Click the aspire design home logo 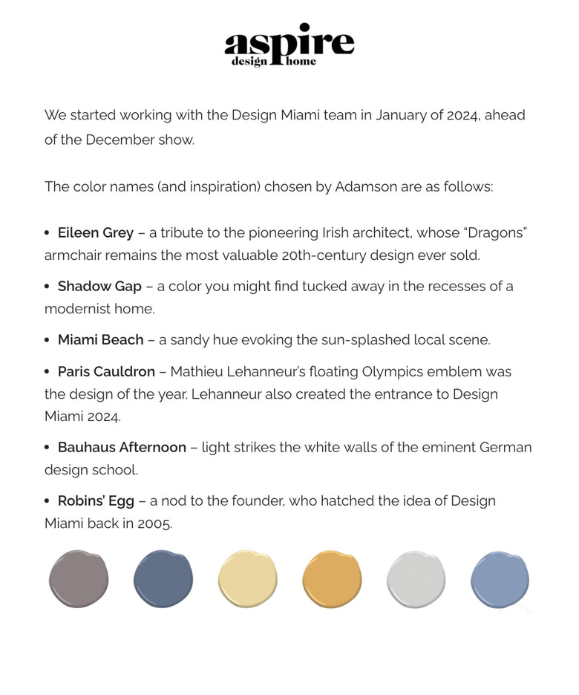click(289, 45)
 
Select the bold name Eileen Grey click(96, 233)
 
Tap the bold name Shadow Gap click(99, 287)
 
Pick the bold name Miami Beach click(100, 340)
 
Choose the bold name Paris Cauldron click(106, 371)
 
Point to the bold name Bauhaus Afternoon click(122, 448)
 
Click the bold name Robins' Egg click(96, 501)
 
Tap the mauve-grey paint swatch click(79, 579)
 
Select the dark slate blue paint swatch click(163, 579)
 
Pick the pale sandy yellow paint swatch click(248, 579)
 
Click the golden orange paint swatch click(332, 579)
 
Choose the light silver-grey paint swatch click(416, 579)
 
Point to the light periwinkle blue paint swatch click(500, 579)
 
